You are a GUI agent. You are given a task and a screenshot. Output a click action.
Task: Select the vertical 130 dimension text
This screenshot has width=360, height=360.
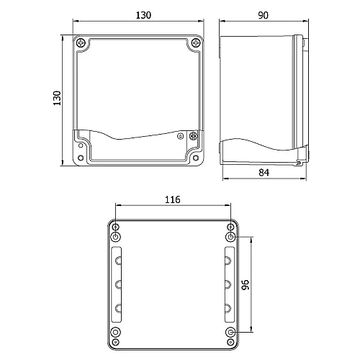[x=58, y=99]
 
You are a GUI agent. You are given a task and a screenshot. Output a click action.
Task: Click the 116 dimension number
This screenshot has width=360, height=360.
[x=172, y=199]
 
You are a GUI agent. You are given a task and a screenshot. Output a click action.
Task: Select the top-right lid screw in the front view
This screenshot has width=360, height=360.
[x=195, y=44]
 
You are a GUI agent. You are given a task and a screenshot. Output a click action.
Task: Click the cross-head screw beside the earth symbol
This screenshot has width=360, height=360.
[x=192, y=135]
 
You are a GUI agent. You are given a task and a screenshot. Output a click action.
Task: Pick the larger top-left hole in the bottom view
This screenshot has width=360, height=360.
[x=117, y=237]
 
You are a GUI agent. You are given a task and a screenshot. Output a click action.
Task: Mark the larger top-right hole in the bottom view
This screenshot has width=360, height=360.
[x=230, y=237]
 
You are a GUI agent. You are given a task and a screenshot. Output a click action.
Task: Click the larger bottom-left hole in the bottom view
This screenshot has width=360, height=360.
[x=117, y=333]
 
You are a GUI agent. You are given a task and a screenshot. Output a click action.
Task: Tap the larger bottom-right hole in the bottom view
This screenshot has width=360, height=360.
[x=230, y=333]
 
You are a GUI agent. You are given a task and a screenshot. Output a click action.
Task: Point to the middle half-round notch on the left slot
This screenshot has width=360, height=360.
[x=118, y=284]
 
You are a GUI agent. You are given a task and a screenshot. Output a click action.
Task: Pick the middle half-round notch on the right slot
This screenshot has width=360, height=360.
[x=227, y=284]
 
